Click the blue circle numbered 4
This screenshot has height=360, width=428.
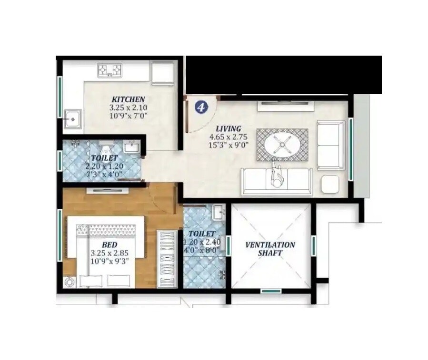[x=201, y=107]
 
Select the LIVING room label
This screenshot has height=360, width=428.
[x=228, y=128]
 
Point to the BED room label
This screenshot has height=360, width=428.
[x=109, y=245]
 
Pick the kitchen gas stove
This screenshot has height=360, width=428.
[x=110, y=70]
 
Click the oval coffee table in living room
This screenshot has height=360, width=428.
[x=282, y=145]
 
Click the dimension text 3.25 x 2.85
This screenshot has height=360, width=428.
[x=109, y=253]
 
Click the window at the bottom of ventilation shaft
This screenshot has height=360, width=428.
[x=271, y=291]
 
